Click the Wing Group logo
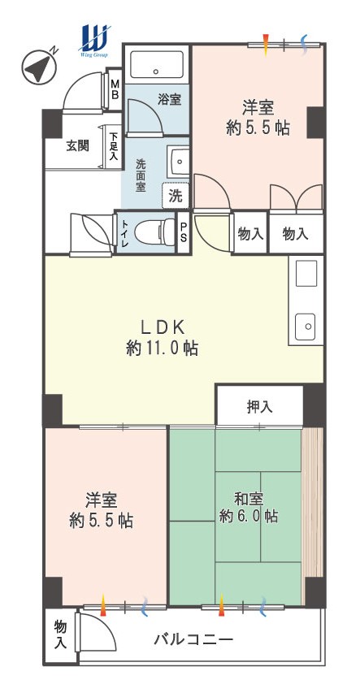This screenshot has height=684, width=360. tap(94, 41)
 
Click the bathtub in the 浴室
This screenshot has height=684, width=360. tap(156, 64)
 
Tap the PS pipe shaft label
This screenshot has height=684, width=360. tap(184, 232)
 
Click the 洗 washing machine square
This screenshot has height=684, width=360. tap(176, 196)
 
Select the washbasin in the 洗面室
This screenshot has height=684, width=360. tap(179, 162)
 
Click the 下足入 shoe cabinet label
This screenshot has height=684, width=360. tap(114, 146)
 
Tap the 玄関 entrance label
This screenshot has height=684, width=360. tap(77, 145)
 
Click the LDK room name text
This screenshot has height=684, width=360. tap(163, 327)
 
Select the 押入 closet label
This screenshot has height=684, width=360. tap(259, 406)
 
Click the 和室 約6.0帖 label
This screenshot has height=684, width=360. tap(248, 508)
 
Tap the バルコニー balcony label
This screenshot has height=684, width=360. tap(193, 640)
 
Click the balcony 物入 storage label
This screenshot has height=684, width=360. tap(60, 635)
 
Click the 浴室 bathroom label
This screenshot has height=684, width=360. tap(170, 100)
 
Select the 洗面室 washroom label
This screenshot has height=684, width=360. tap(141, 175)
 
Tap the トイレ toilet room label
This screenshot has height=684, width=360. tap(124, 233)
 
